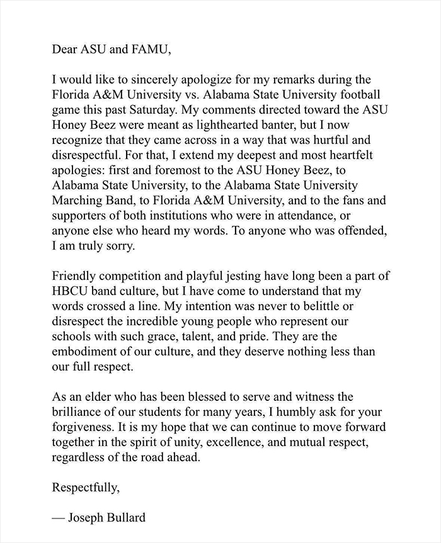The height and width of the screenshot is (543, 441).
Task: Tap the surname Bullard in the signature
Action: pos(127,518)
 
